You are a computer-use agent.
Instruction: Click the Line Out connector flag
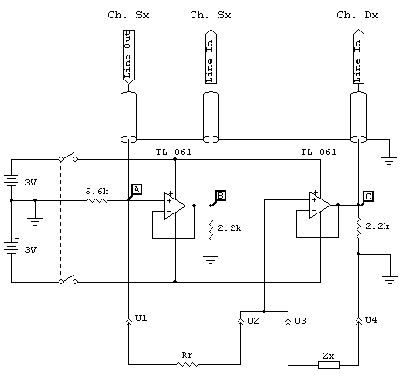(x=128, y=57)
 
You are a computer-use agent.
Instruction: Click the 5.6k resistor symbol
(x=97, y=200)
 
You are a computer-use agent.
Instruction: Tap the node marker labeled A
(x=136, y=190)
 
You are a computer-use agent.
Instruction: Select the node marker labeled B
(x=220, y=195)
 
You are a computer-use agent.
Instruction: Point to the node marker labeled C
(x=368, y=196)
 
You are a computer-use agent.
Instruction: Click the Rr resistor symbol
(x=187, y=364)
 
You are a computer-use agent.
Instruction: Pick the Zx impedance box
(x=329, y=365)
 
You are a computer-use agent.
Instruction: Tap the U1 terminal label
(x=142, y=318)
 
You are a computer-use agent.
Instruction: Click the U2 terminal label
(x=253, y=321)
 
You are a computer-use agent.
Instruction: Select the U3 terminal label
(x=300, y=321)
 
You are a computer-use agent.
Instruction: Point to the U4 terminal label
(x=371, y=320)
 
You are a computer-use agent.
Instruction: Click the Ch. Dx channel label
(x=357, y=15)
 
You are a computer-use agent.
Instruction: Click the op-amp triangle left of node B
(x=175, y=206)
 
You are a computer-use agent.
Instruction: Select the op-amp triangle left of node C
(x=320, y=205)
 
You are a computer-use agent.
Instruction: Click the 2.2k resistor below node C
(x=358, y=227)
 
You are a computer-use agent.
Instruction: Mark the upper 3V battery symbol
(x=11, y=179)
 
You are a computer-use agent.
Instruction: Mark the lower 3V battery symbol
(x=11, y=247)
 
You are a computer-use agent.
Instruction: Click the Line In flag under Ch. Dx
(x=358, y=57)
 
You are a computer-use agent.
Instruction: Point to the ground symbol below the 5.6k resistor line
(x=35, y=221)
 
